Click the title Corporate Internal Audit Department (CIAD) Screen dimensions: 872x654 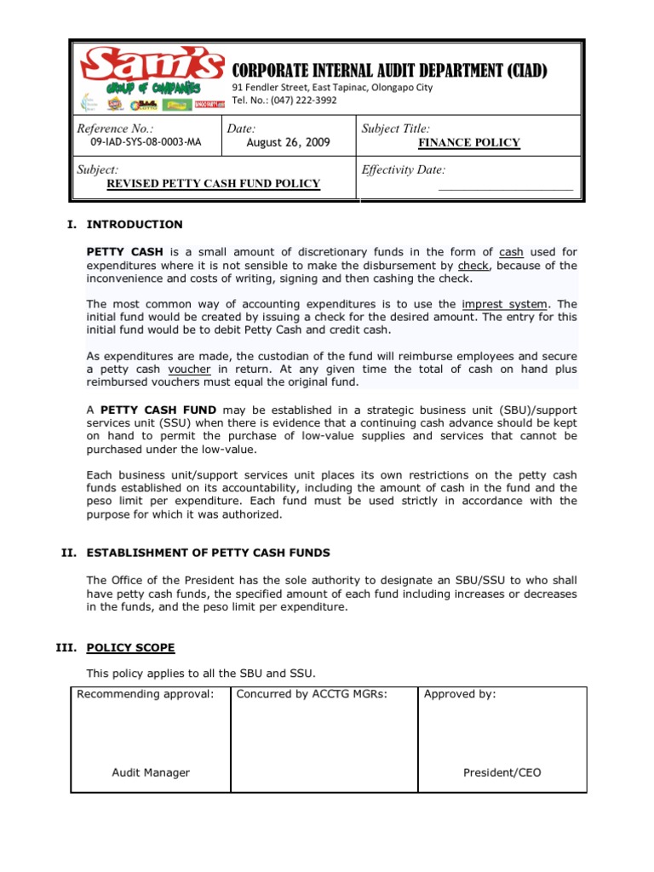click(390, 70)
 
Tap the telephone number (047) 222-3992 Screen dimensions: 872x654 click(284, 100)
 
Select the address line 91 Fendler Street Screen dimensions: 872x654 click(332, 87)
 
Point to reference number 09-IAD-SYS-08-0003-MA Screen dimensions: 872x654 click(140, 143)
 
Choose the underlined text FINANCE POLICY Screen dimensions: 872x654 click(468, 143)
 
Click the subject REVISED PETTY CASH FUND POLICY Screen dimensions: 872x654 click(213, 184)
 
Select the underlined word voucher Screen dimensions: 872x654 click(189, 370)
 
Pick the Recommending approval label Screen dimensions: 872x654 click(145, 694)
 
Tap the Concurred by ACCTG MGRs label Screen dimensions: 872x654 click(312, 694)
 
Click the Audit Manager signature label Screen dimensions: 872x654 click(151, 773)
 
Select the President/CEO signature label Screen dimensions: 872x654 click(502, 773)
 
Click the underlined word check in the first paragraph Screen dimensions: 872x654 click(473, 265)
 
